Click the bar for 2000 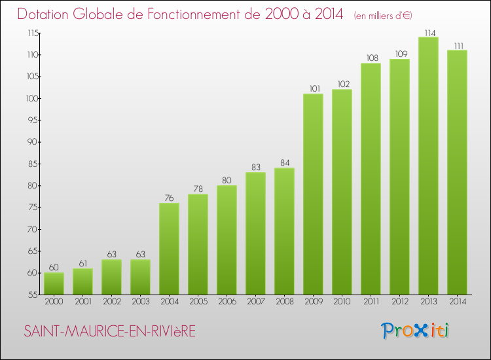click(54, 283)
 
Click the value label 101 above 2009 click(313, 89)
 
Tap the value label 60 click(54, 268)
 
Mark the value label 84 click(284, 163)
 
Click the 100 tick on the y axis click(31, 98)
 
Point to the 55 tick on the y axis click(32, 295)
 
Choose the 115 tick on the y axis click(31, 33)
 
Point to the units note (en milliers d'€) click(383, 15)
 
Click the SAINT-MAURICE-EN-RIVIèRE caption click(109, 332)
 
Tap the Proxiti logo click(416, 331)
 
